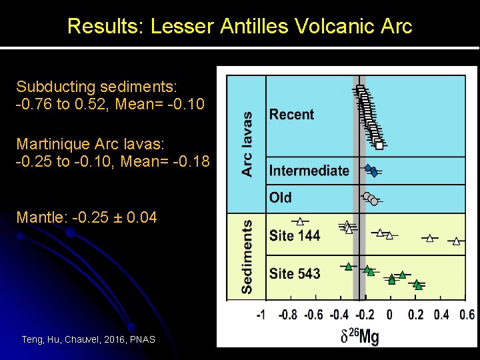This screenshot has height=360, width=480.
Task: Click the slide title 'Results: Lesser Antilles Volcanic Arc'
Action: coord(240,27)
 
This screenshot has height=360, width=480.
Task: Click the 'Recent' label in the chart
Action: coord(291,115)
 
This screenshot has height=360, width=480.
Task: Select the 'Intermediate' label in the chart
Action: coord(309,171)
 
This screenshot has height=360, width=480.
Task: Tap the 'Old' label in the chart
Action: coord(280,197)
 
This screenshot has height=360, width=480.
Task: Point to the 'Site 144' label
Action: coord(294,235)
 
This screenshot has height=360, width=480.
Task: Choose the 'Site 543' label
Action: coord(294,273)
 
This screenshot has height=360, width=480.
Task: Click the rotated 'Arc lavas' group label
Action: coord(247,143)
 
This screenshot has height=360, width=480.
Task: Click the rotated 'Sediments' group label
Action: coord(247,256)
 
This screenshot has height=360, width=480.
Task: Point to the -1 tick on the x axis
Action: coord(261,315)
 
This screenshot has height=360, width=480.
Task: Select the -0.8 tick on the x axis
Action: coord(287,315)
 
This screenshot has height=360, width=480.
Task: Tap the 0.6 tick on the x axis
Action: coord(467,315)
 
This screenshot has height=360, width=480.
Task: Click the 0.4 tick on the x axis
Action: coord(442,315)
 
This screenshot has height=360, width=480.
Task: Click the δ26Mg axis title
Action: coord(359,336)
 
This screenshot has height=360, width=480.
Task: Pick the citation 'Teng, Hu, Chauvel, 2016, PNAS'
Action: coord(88,339)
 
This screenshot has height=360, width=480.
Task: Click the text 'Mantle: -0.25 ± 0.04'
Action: coord(87,217)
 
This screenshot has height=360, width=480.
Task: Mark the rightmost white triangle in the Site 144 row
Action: coord(456,241)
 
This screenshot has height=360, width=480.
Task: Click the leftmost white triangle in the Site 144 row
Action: coord(300,221)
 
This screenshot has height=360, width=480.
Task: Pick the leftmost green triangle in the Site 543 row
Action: coord(348,266)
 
